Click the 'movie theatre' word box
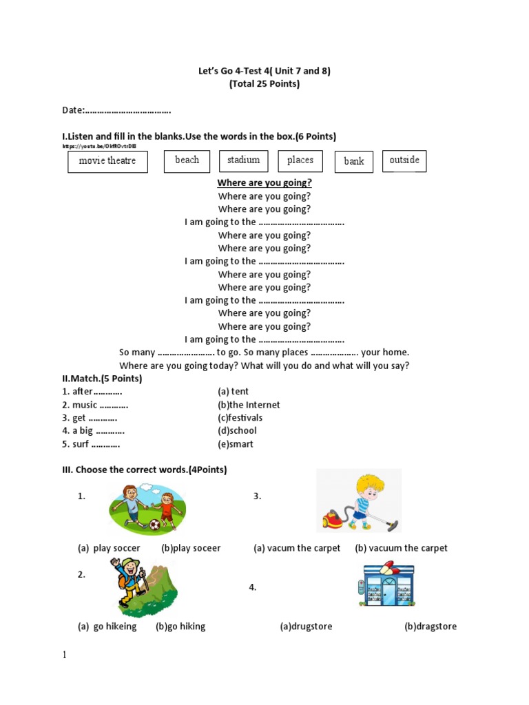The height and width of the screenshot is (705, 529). pos(107,161)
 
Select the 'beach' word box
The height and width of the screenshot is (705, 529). pos(187,160)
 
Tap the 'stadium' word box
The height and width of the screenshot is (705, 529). pos(243,160)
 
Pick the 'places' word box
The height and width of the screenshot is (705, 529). pos(300,160)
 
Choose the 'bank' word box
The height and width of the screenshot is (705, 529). pos(353,161)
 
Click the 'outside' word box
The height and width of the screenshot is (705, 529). pos(404,160)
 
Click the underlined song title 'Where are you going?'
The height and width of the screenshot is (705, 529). pos(264,183)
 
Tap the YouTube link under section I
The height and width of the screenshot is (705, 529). pos(99,147)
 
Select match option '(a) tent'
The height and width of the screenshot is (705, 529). pos(234,392)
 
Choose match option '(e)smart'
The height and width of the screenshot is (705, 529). pos(236,444)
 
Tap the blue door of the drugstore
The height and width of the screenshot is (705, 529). pos(389,591)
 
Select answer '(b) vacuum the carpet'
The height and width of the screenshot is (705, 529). pos(401,548)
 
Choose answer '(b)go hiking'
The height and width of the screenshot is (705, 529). pos(180,627)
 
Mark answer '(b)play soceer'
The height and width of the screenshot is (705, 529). pos(191,548)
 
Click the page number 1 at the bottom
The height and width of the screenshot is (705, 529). pos(65,655)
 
